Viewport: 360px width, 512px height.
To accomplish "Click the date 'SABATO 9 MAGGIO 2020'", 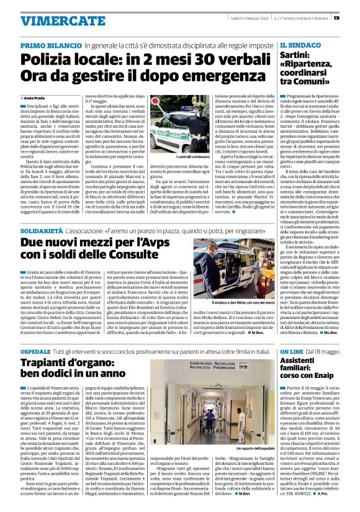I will coord(244,18).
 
